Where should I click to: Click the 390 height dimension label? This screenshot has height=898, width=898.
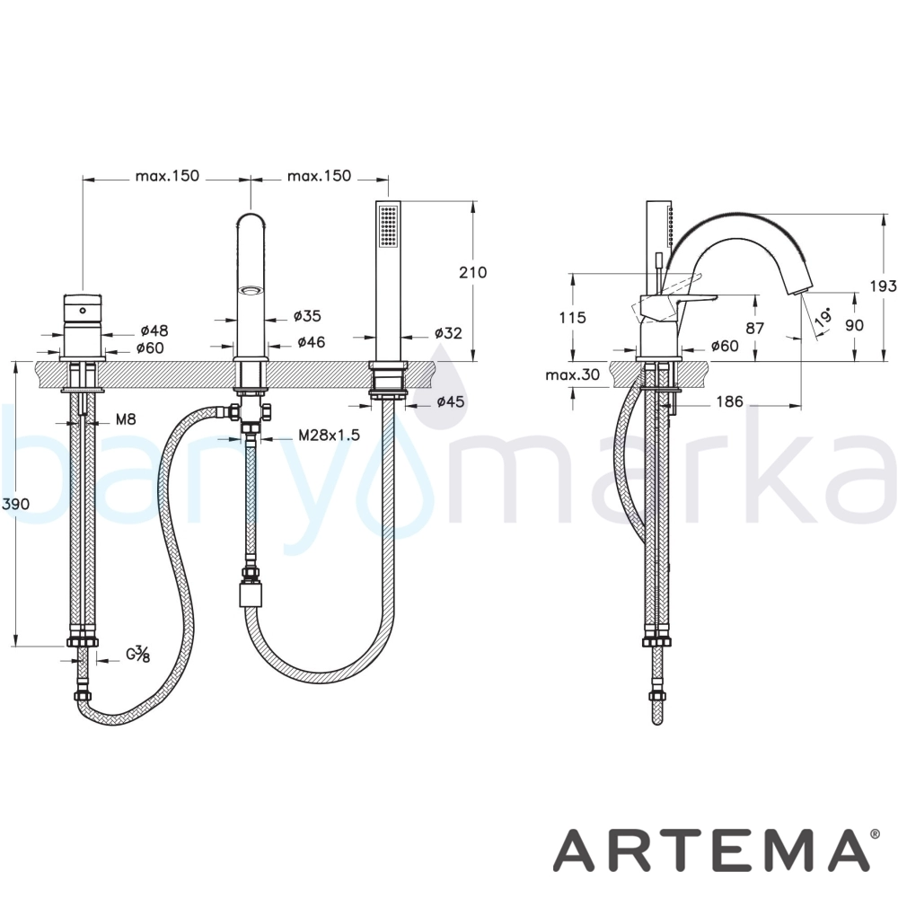pyautogui.click(x=15, y=505)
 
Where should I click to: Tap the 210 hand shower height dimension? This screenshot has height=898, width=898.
pyautogui.click(x=472, y=272)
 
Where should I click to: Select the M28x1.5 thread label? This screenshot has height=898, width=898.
pyautogui.click(x=330, y=436)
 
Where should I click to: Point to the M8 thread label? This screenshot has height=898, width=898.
pyautogui.click(x=126, y=419)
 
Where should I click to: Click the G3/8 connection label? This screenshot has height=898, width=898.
pyautogui.click(x=137, y=654)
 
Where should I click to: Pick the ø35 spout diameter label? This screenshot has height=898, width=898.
pyautogui.click(x=307, y=315)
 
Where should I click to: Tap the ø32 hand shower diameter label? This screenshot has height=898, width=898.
pyautogui.click(x=448, y=332)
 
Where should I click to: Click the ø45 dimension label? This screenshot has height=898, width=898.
pyautogui.click(x=450, y=401)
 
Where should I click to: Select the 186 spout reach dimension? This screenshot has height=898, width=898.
pyautogui.click(x=729, y=401)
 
